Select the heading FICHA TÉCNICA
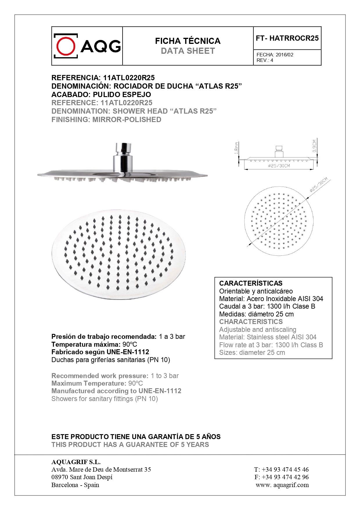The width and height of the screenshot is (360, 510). click(x=188, y=41)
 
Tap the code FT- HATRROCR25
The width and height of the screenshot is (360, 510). click(x=287, y=38)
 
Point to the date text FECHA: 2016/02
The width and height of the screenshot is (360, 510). click(x=275, y=55)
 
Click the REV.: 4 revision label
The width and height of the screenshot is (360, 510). click(x=265, y=60)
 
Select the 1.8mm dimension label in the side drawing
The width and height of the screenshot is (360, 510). click(x=237, y=148)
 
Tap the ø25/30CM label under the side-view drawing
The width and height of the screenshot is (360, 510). click(x=279, y=166)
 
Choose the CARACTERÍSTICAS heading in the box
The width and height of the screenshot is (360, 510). click(x=251, y=283)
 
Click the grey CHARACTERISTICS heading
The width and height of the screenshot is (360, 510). click(x=251, y=322)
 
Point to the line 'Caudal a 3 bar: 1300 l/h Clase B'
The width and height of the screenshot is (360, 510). click(x=267, y=306)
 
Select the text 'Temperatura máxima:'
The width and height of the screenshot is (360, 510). click(x=86, y=344)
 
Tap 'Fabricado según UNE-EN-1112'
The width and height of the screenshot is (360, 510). click(x=100, y=352)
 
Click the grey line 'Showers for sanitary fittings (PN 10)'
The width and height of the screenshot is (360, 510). click(x=105, y=399)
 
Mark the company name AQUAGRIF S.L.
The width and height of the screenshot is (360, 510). click(x=76, y=462)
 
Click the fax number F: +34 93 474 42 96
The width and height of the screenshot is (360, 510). click(x=281, y=477)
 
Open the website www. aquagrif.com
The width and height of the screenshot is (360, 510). click(x=282, y=485)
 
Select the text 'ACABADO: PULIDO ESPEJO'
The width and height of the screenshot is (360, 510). click(x=101, y=94)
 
